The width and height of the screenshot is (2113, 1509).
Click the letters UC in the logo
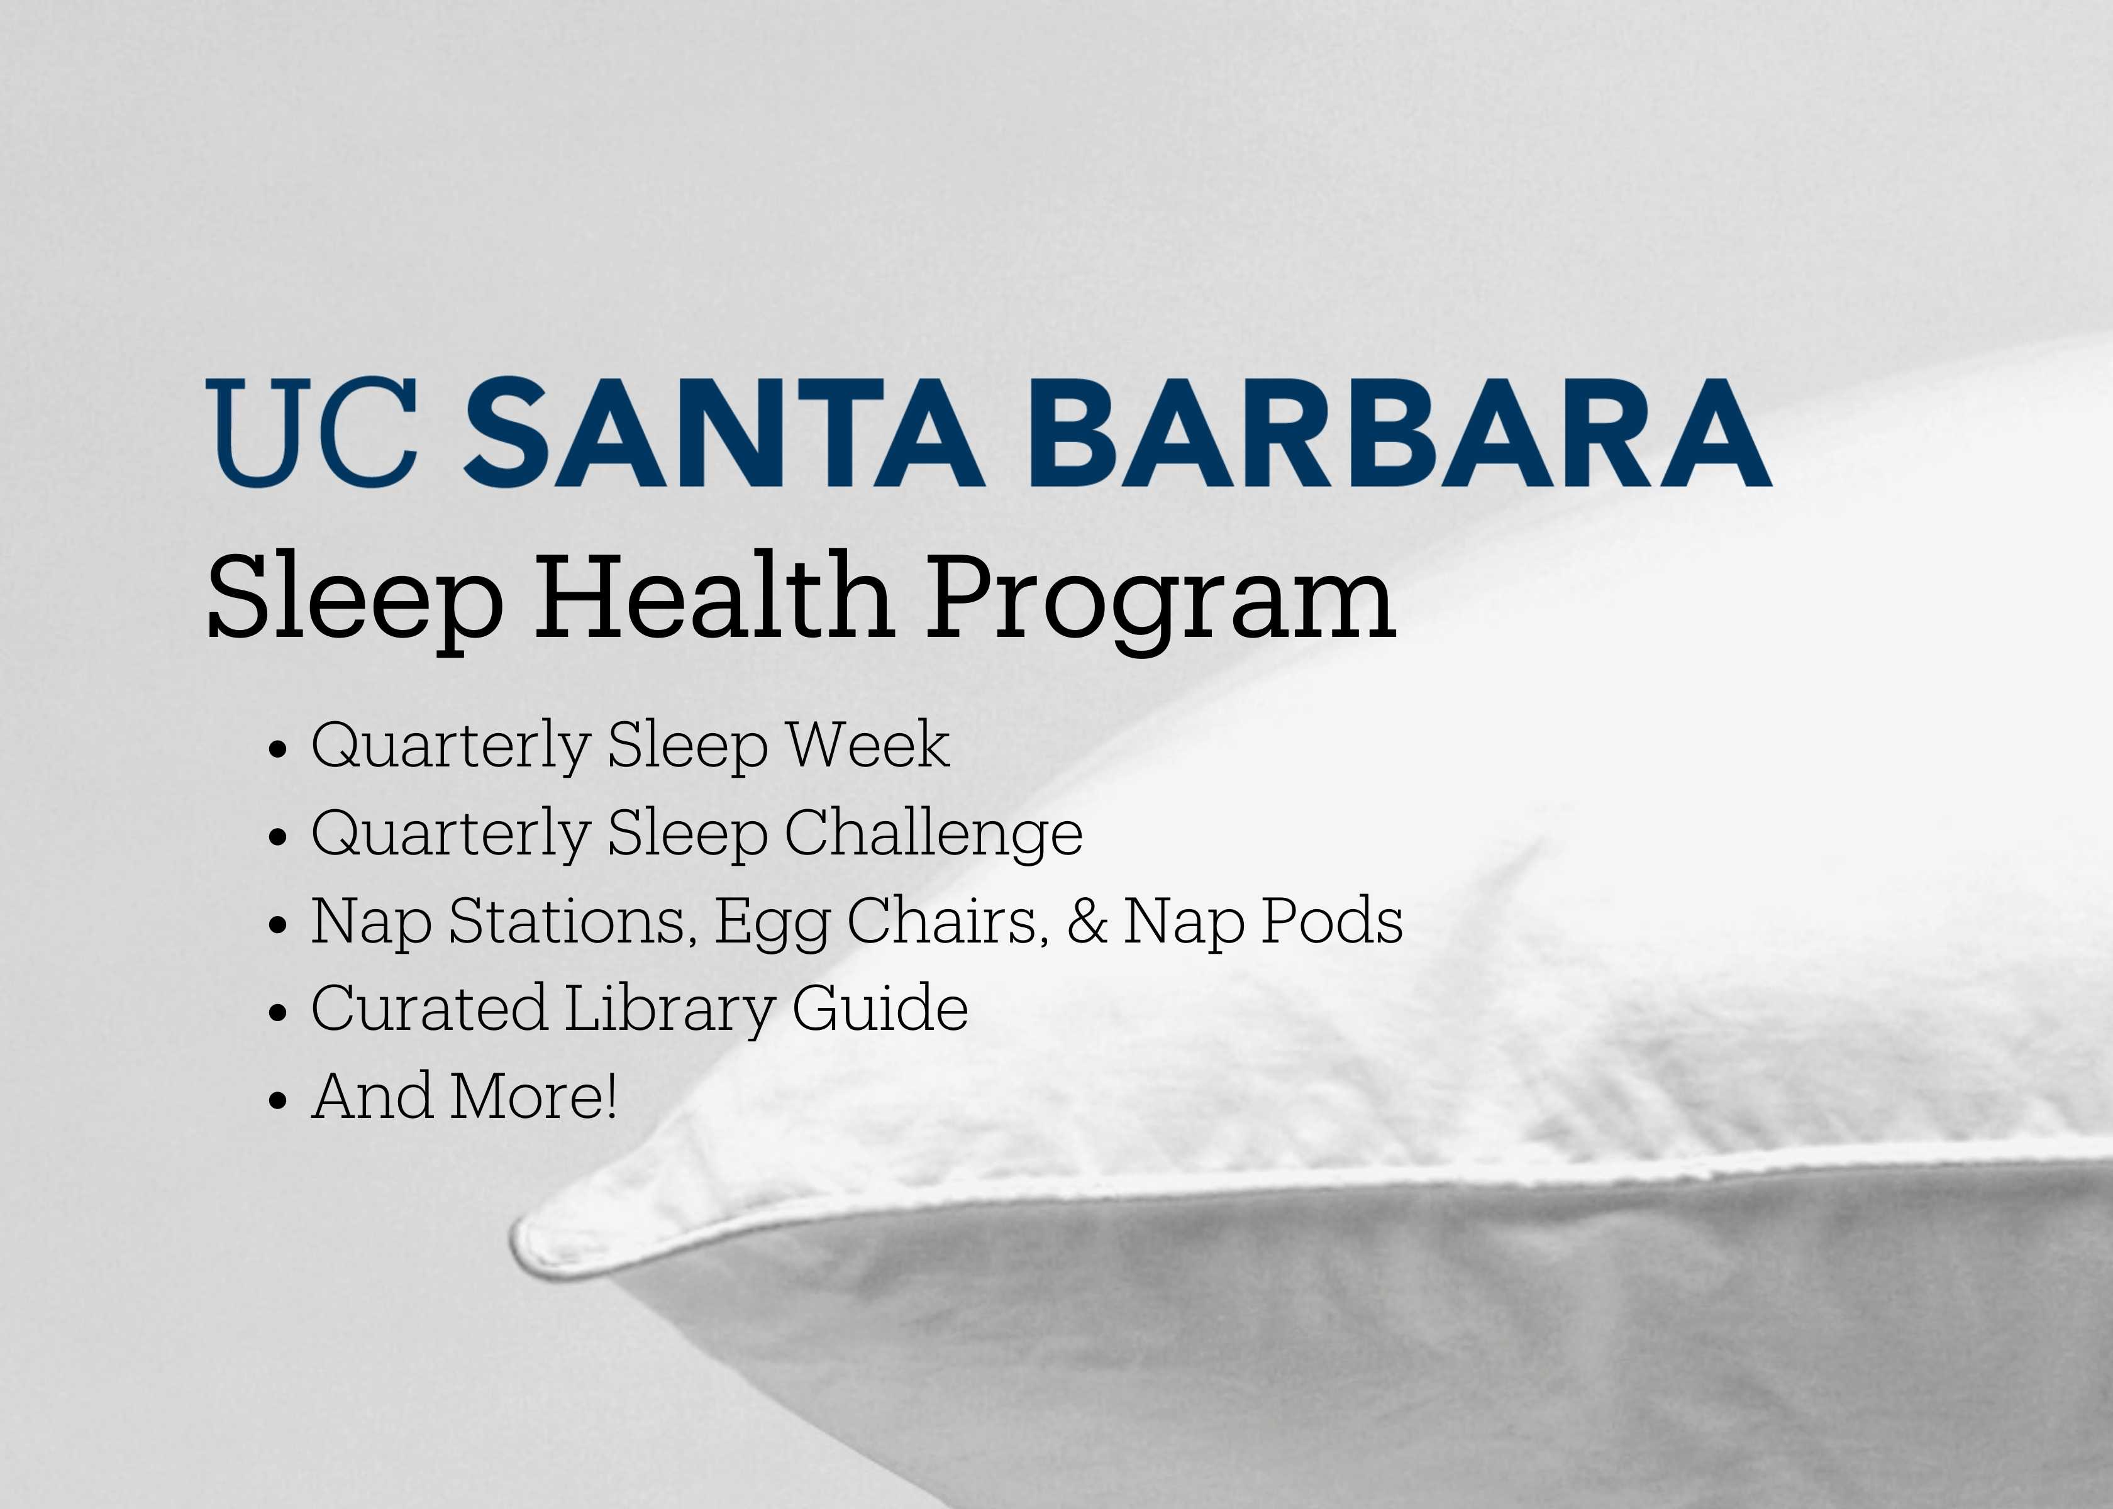point(311,432)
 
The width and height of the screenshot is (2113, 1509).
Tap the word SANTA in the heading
point(724,432)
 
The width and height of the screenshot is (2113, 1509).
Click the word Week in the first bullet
point(868,744)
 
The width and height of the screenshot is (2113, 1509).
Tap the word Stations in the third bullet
point(572,922)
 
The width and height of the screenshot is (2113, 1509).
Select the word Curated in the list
point(430,1007)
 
